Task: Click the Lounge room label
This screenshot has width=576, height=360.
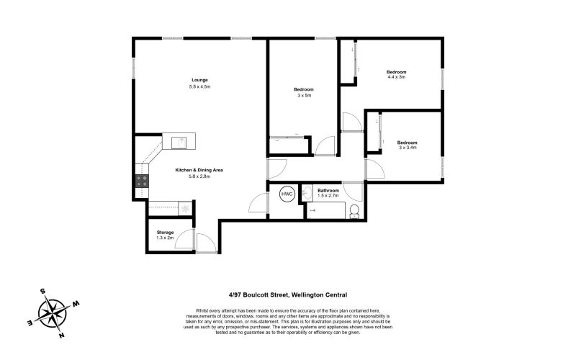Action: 199,79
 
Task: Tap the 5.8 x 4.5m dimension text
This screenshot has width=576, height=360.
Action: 199,86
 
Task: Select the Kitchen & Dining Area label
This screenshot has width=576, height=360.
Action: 199,170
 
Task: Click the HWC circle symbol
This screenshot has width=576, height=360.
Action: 287,194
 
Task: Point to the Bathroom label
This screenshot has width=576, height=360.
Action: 328,190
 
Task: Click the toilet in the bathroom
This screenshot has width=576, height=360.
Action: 354,210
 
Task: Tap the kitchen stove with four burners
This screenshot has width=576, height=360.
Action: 142,181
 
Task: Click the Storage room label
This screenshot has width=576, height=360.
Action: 166,232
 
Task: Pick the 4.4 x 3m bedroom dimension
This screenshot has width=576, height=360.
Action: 397,77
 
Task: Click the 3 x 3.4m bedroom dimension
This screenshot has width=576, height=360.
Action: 408,148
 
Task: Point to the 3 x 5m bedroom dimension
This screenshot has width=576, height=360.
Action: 305,95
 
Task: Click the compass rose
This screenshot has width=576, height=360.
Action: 54,311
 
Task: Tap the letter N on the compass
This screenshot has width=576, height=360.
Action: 63,336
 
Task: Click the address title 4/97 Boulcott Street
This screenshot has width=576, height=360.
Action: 287,294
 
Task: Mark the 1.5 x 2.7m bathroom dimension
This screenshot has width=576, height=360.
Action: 328,196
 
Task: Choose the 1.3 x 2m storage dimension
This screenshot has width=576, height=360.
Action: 166,238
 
